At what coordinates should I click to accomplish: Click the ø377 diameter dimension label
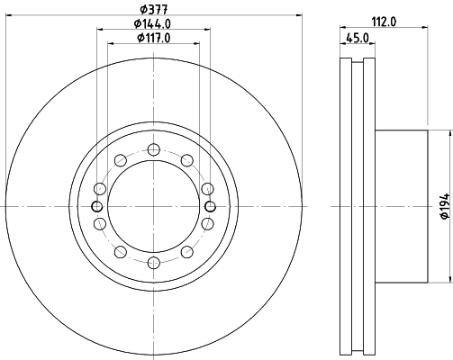154,10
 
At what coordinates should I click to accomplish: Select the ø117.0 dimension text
154,38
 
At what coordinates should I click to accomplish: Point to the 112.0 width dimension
384,22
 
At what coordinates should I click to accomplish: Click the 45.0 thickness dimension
358,39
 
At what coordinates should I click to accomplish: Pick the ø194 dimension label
446,206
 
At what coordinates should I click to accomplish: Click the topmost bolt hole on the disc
154,149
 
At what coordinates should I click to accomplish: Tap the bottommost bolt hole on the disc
154,263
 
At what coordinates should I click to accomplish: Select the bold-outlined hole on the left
96,206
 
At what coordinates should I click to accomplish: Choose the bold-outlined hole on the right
211,206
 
